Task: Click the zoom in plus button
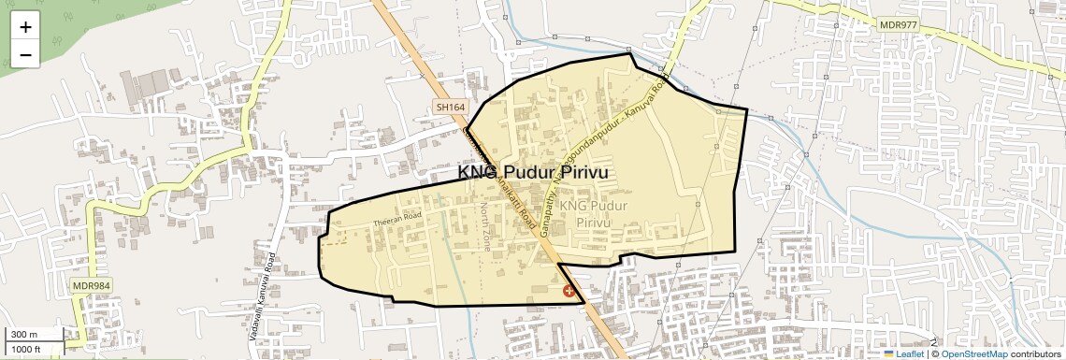point(25,26)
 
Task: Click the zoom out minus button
point(25,54)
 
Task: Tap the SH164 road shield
point(450,108)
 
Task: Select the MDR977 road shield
point(898,24)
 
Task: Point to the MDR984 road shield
point(91,284)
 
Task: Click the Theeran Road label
point(398,218)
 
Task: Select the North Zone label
point(484,225)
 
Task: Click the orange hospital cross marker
point(569,292)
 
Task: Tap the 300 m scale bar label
point(23,335)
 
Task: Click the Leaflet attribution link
point(910,353)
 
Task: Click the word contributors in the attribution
point(1035,353)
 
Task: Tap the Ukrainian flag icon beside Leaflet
point(888,353)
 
